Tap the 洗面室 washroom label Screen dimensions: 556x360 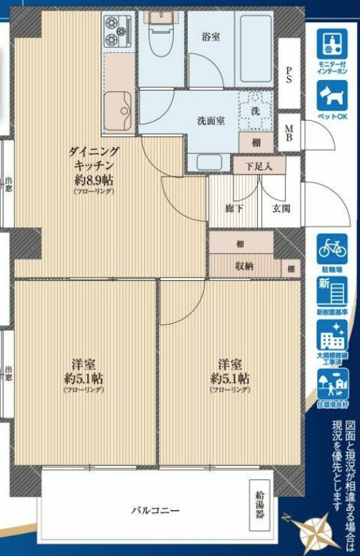[x=211, y=120]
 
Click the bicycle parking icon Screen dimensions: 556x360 [x=332, y=248]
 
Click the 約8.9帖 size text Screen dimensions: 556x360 [x=93, y=179]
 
